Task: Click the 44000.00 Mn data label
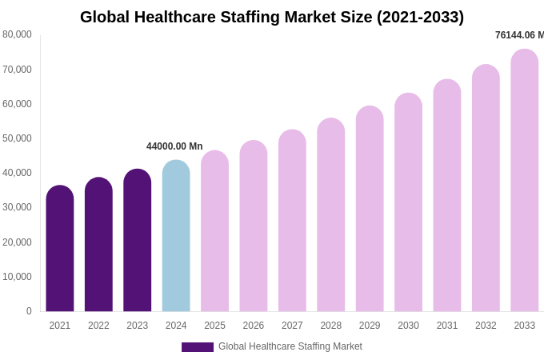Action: click(174, 146)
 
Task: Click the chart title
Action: click(272, 17)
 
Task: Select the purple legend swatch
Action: click(198, 347)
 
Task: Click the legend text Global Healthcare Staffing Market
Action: click(290, 346)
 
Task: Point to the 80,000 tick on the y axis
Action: click(18, 34)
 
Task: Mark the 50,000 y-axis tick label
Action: click(18, 138)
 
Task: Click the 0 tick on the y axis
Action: click(29, 311)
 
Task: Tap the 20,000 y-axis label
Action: click(18, 242)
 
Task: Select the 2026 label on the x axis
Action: click(254, 326)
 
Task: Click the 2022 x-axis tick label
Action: click(98, 326)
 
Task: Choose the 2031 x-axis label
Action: click(447, 326)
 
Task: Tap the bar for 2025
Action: click(214, 231)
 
